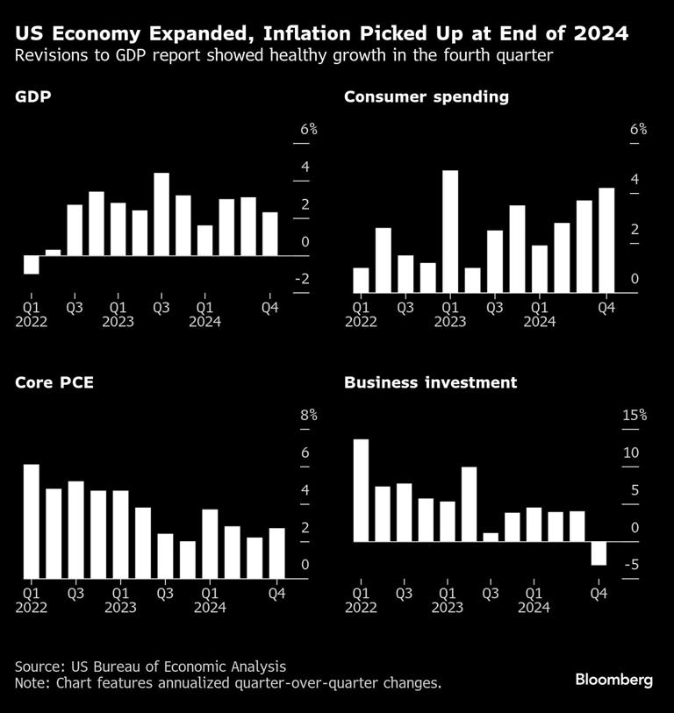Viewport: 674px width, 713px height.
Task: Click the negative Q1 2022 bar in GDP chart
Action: click(x=31, y=265)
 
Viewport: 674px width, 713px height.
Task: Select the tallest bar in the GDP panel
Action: click(x=161, y=214)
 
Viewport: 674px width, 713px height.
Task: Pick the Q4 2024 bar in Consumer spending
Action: click(x=606, y=239)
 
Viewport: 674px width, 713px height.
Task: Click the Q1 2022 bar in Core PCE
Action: click(x=31, y=521)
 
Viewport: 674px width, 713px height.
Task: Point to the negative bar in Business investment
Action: click(x=599, y=553)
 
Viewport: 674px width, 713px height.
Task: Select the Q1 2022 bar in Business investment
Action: click(x=360, y=490)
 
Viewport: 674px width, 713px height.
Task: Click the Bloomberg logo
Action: click(x=614, y=680)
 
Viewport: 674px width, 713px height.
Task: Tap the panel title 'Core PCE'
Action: click(x=54, y=383)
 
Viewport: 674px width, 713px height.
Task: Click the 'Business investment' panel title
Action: click(x=430, y=383)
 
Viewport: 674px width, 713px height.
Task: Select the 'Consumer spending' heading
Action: click(x=427, y=97)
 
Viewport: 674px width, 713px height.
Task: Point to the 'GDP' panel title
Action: click(x=32, y=97)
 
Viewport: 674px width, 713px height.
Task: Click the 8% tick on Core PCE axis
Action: click(x=309, y=416)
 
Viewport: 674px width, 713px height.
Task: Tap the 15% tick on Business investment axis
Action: click(x=634, y=416)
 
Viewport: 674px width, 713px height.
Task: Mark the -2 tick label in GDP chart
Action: click(x=302, y=280)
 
